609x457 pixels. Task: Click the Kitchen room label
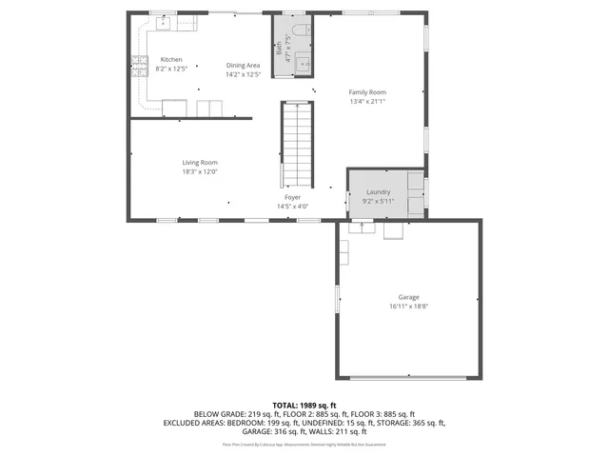[x=170, y=59]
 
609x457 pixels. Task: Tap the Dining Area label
[x=243, y=65]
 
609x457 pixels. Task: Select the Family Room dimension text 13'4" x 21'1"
[x=367, y=101]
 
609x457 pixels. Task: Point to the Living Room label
[x=200, y=163]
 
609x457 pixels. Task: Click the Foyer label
[x=292, y=197]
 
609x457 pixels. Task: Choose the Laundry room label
[x=378, y=191]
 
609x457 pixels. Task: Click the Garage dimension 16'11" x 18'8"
[x=409, y=307]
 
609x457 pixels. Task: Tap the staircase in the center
[x=297, y=145]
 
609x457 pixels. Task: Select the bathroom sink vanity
[x=303, y=64]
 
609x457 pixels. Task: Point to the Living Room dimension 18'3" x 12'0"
[x=200, y=171]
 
